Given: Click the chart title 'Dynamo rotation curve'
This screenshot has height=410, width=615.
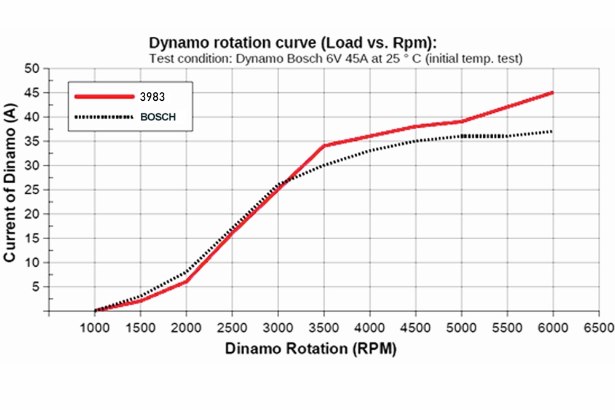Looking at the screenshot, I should click(293, 43).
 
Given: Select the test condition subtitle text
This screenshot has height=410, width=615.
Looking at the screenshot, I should click(336, 59).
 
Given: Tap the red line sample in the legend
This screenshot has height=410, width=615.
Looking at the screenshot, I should click(104, 97).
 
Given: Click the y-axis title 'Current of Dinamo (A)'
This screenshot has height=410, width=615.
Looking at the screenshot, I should click(10, 190).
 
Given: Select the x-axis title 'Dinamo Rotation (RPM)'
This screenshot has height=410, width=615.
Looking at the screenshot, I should click(311, 349).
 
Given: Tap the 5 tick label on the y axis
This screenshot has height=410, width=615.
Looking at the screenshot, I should click(36, 286).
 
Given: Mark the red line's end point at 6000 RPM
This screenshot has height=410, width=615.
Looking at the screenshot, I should click(553, 93).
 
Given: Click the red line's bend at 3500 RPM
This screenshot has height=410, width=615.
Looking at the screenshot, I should click(324, 146).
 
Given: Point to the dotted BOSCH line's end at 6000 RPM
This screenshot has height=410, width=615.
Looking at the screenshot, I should click(553, 132).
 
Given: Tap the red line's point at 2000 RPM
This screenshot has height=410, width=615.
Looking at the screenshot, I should click(186, 282).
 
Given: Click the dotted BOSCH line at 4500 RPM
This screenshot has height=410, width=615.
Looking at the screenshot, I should click(416, 141).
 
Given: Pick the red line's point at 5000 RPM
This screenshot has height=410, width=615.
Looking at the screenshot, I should click(461, 122).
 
